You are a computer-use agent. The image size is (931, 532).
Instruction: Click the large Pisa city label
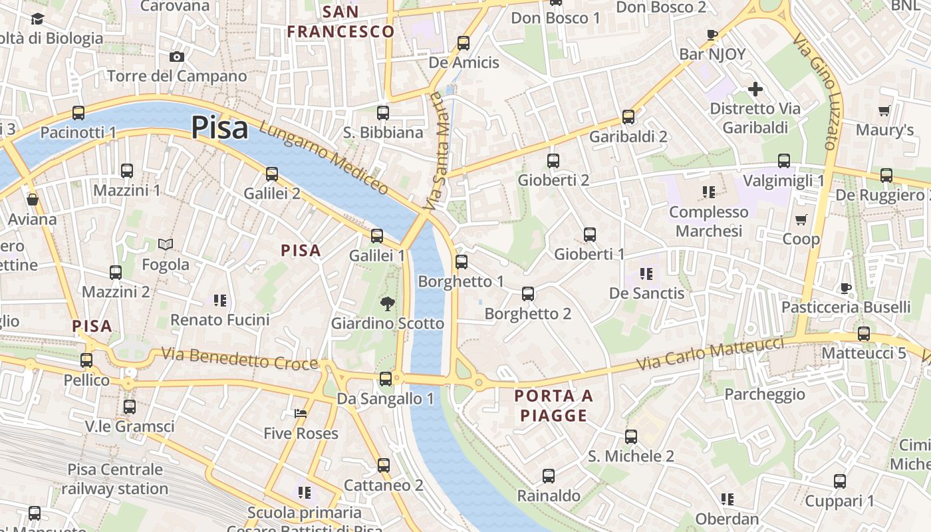tap(219, 128)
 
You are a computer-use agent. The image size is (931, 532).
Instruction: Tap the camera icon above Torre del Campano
tap(177, 57)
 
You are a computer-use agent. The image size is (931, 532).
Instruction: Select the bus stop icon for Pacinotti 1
tap(78, 113)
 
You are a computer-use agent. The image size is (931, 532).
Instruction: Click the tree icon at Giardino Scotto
tap(387, 304)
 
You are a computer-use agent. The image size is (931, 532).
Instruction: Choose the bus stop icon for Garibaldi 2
tap(628, 117)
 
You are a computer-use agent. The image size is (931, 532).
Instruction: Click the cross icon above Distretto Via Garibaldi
tap(755, 88)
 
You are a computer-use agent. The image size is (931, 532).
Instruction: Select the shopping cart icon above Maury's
tap(884, 110)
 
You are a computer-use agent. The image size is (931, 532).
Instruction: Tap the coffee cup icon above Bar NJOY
tap(712, 35)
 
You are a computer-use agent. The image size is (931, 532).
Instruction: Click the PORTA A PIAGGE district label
tap(553, 406)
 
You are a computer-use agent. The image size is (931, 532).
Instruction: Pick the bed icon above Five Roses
tap(301, 414)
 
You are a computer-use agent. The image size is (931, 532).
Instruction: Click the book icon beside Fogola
tap(166, 245)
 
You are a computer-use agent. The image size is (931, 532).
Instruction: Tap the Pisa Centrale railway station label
tap(115, 479)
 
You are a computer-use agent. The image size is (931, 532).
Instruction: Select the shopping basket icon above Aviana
tap(32, 199)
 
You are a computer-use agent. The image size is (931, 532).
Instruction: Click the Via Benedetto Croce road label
tap(239, 358)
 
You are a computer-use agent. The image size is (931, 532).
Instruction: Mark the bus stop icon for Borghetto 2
tap(528, 293)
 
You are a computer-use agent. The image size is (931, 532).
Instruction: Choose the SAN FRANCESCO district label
tap(340, 21)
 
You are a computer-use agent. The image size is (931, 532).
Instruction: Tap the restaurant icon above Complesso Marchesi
tap(709, 192)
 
